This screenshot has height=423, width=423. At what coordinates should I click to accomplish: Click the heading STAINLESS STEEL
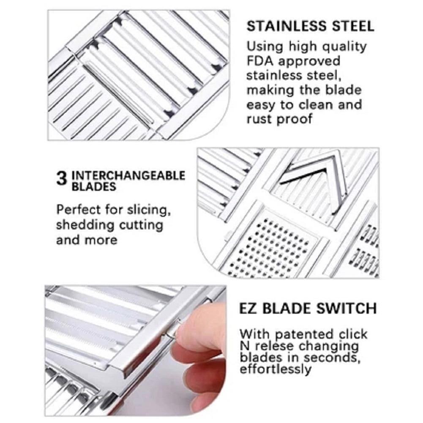pos(310,26)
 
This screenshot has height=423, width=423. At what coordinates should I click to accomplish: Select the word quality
pos(344,47)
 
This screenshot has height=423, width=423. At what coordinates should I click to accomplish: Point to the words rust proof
pos(279,119)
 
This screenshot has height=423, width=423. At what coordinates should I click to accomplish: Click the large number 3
pos(62,178)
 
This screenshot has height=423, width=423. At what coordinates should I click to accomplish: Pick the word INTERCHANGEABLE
pos(128,176)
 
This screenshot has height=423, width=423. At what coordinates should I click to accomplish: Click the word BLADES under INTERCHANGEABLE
pos(94,187)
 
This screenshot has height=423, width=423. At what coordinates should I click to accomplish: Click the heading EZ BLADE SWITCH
pos(308,308)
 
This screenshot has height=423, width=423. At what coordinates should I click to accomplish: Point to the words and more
pos(87,240)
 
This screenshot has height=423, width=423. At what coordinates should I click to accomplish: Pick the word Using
pos(265,47)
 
